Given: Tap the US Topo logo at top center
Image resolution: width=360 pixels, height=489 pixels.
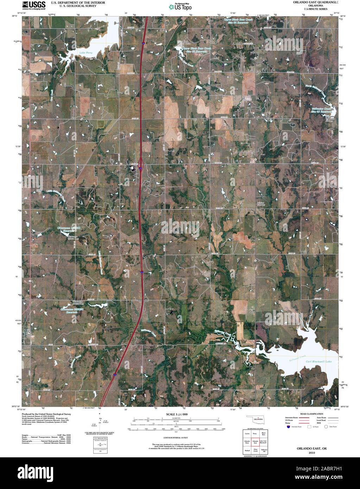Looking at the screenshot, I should pos(180,6).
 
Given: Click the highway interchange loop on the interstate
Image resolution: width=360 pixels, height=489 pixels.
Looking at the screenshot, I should pos(141,164).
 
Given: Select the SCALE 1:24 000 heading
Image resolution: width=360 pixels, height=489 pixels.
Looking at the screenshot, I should pos(175,415).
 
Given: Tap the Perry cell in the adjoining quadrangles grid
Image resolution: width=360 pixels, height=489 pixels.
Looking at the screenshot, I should pos(255,434).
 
